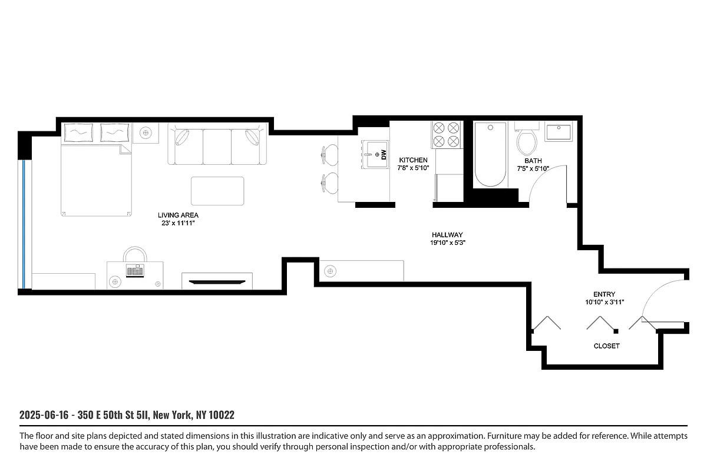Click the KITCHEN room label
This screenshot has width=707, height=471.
413,160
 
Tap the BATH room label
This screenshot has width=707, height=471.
533,161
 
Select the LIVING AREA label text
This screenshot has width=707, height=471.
177,215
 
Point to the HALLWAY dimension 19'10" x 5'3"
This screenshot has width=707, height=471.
451,243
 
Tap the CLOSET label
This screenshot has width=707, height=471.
606,346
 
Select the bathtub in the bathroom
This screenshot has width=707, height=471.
490,154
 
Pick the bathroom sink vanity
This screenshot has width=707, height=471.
559,132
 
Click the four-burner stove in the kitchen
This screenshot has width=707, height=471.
445,134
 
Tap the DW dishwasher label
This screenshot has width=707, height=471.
383,155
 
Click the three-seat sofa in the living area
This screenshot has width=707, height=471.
217,145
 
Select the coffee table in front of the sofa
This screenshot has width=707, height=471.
217,191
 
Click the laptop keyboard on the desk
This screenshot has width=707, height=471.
135,271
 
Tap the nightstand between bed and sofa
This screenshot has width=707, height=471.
145,133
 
